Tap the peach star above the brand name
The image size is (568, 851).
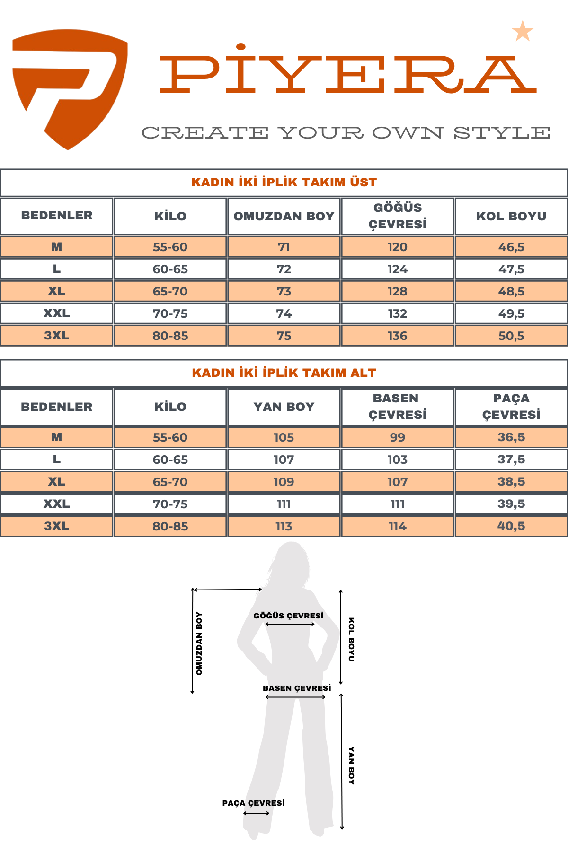(x=523, y=31)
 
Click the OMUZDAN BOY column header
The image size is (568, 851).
(x=284, y=216)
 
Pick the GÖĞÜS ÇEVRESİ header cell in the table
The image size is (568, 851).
(x=398, y=216)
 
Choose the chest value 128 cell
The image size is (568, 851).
(x=398, y=291)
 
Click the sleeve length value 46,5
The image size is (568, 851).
(x=511, y=247)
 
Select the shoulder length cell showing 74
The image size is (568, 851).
(x=284, y=313)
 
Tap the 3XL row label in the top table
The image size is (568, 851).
(x=56, y=336)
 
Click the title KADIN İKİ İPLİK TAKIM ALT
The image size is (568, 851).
(x=284, y=373)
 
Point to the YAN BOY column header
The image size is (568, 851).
(x=284, y=407)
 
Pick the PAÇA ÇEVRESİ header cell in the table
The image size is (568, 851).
(x=511, y=406)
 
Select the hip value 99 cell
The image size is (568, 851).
(x=398, y=437)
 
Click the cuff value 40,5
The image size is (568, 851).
(x=511, y=526)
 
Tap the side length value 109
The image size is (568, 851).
(x=284, y=482)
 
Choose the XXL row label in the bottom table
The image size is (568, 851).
(x=56, y=504)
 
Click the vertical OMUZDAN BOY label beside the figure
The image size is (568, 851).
(x=199, y=643)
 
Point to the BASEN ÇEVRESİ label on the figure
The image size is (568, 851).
(x=297, y=688)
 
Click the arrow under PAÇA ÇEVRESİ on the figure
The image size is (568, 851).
(x=256, y=813)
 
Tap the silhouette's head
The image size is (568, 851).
(x=291, y=560)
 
